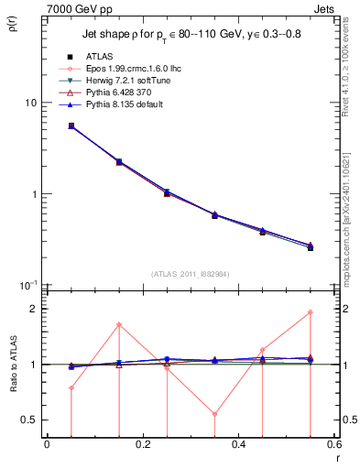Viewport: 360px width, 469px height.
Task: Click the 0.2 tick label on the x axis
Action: point(142,446)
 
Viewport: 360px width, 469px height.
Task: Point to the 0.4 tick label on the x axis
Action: point(238,446)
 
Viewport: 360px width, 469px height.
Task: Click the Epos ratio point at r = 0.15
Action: point(119,324)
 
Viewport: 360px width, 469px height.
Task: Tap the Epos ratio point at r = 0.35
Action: point(214,414)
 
